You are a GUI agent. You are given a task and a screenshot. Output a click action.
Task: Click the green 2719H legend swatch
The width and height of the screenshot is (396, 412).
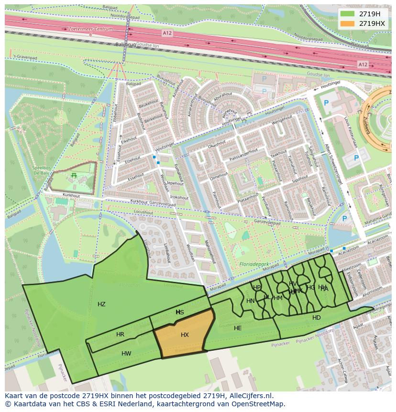pos(348,14)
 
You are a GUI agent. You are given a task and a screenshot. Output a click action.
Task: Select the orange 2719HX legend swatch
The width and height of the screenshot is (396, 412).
pos(348,23)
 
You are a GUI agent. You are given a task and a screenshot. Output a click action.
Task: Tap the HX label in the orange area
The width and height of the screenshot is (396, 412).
pos(185,335)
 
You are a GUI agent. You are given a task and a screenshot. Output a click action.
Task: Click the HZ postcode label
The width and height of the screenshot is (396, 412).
pos(101,304)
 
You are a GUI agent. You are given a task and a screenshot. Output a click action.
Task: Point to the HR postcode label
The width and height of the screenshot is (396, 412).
pos(120,334)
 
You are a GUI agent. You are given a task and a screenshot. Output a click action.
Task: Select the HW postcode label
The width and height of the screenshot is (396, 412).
pos(126,354)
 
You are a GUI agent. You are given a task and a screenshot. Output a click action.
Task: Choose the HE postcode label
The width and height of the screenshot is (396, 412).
pos(238,328)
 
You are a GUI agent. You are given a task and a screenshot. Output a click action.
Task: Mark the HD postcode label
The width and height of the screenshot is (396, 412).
pos(317,318)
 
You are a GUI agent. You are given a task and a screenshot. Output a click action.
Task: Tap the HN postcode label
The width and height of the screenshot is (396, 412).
pos(251,301)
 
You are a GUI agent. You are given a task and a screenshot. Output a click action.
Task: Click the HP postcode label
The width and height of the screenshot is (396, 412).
pos(257,288)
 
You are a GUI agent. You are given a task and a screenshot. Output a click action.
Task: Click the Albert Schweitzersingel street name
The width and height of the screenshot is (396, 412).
pos(333,163)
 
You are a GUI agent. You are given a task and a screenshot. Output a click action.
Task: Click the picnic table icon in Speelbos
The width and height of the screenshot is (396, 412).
pos(74,176)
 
